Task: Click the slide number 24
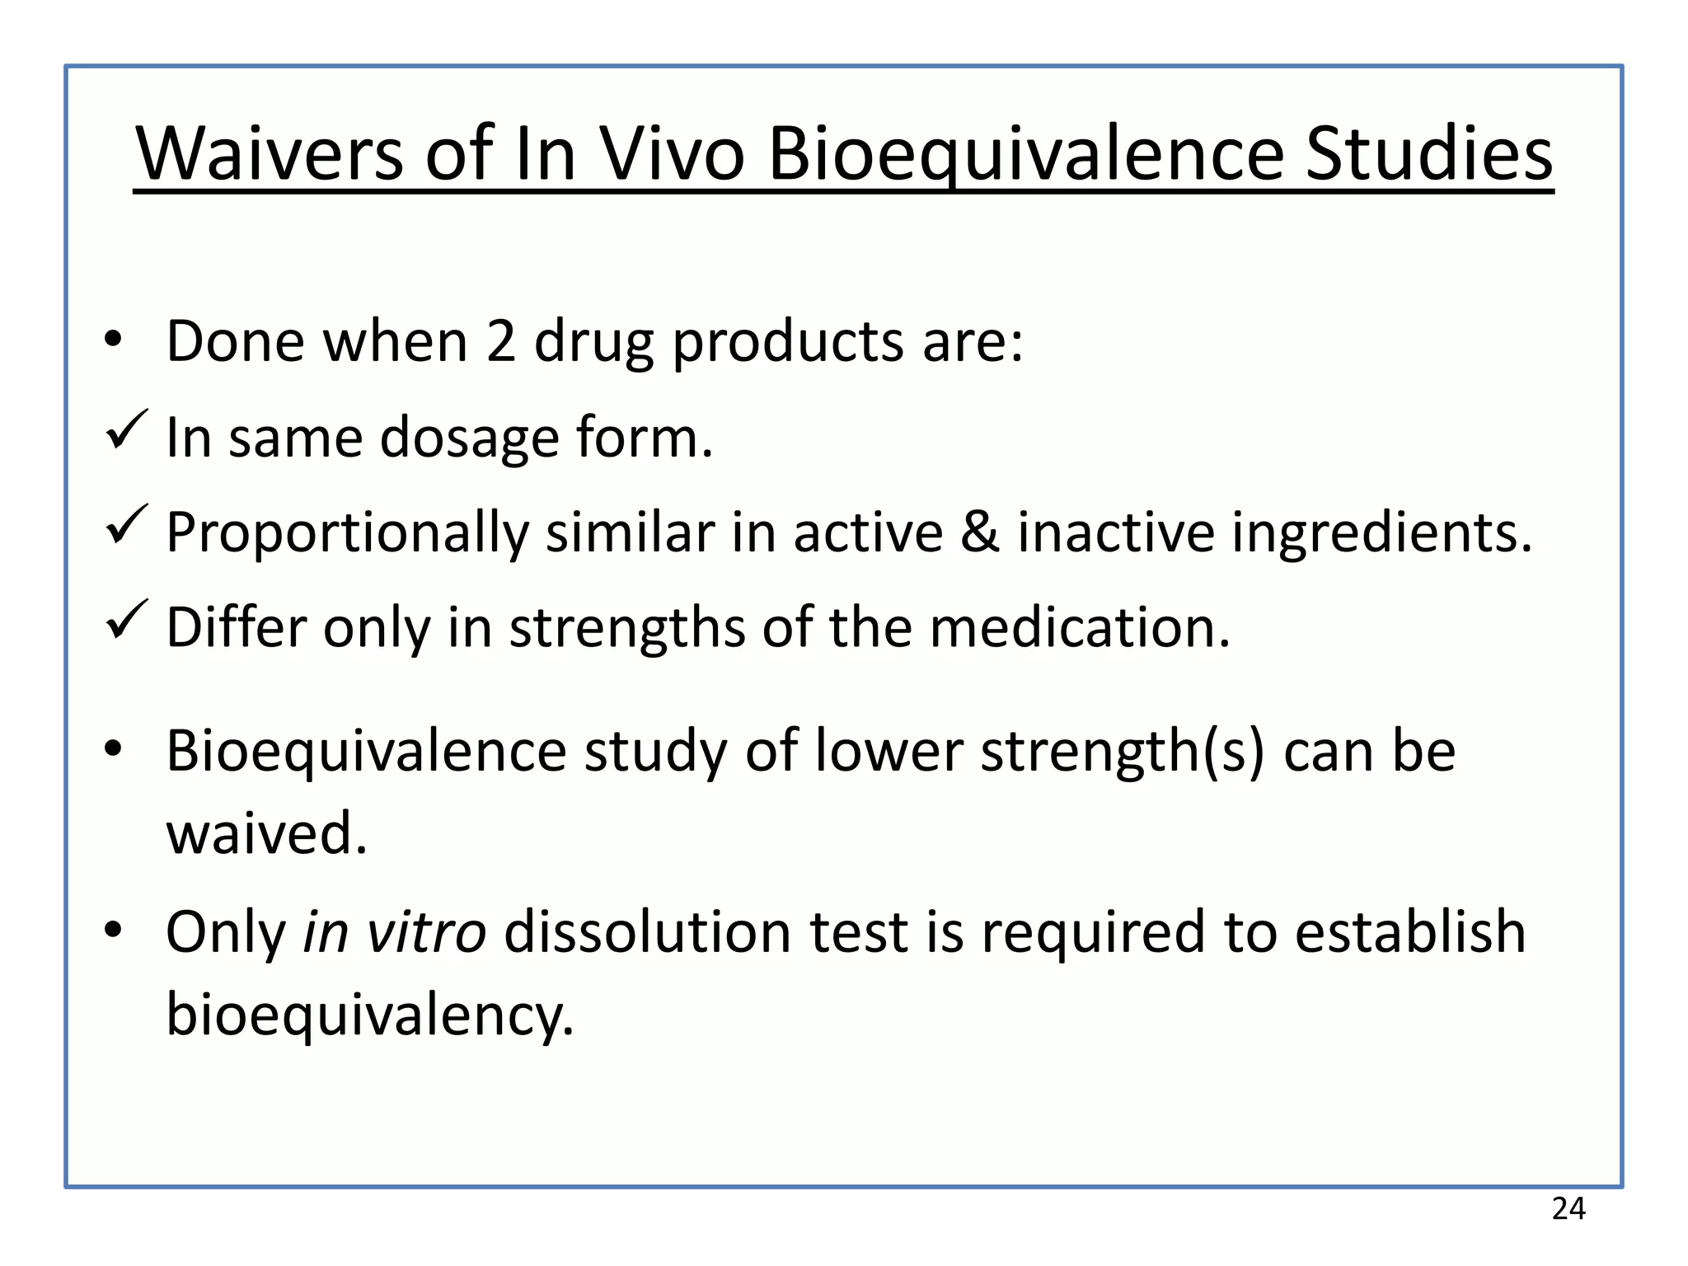click(1568, 1209)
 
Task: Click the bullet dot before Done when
click(113, 340)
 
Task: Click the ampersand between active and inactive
click(979, 532)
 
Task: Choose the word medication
click(1080, 627)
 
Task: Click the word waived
click(266, 833)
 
